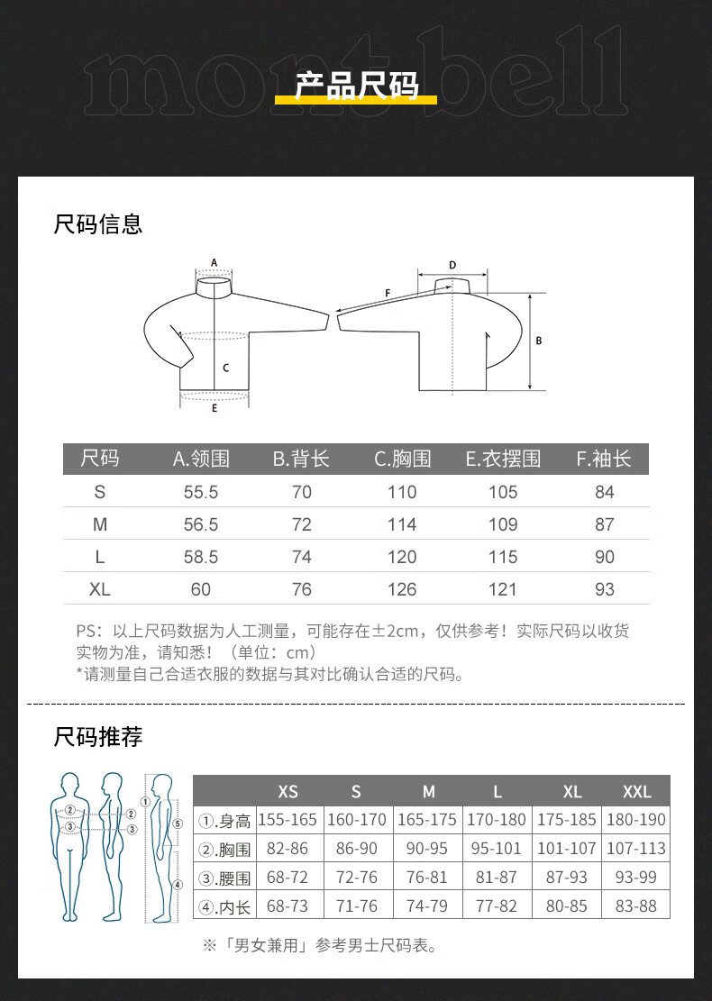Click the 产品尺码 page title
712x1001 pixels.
356,86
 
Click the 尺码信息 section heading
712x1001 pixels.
97,224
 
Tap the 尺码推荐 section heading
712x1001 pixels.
97,737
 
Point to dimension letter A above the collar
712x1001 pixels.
214,262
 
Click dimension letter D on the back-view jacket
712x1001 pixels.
452,265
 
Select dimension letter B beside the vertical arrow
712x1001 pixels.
538,341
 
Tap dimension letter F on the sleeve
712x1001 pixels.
388,293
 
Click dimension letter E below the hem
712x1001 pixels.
215,408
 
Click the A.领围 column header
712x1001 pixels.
200,459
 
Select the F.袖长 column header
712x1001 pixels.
604,459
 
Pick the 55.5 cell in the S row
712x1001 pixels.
200,492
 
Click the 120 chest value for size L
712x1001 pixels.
402,557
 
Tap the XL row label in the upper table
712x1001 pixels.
100,589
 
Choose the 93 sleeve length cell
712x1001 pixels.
604,589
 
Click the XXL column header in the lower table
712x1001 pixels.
636,792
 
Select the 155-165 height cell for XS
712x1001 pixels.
288,820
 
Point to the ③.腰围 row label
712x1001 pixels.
224,878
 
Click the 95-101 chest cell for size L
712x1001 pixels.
497,849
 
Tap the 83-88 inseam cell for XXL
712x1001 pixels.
636,905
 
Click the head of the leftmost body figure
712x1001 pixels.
69,783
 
